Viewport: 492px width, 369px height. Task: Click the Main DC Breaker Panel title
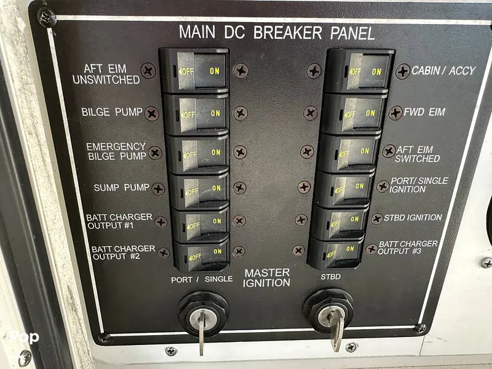(277, 33)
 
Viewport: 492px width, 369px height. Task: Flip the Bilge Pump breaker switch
(197, 114)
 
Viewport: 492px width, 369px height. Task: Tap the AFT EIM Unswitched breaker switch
(195, 71)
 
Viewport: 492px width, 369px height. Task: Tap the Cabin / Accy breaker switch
(359, 71)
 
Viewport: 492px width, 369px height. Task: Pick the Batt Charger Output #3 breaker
(336, 252)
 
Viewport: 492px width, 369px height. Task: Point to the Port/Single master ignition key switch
(204, 315)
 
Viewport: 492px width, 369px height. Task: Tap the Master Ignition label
(267, 278)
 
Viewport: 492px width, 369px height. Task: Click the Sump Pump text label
(121, 188)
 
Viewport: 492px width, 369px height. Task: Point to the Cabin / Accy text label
(443, 71)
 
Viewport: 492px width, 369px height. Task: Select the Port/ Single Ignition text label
(419, 185)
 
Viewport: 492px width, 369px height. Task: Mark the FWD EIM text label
(424, 112)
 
